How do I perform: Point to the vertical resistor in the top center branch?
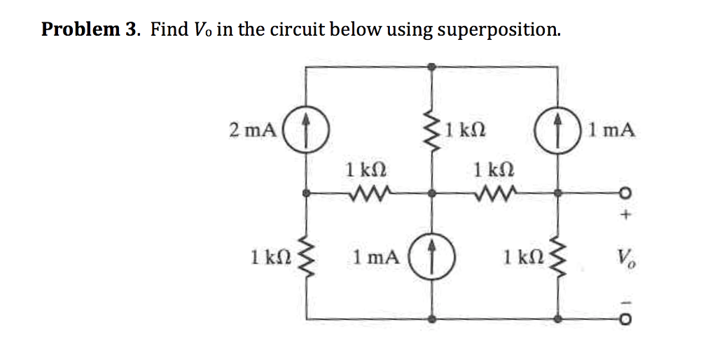click(433, 130)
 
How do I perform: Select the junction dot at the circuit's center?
click(433, 193)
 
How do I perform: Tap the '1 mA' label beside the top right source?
click(613, 130)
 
